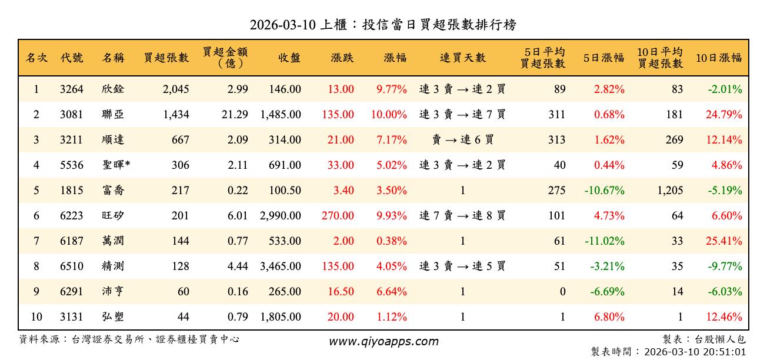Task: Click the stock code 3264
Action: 72,89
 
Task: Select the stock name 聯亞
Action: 113,115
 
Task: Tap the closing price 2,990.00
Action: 281,216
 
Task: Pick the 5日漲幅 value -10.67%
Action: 604,191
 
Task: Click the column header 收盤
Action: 289,58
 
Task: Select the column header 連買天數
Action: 463,58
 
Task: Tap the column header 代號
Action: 72,58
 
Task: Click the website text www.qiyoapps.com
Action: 383,341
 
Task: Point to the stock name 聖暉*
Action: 116,165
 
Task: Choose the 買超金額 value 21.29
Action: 235,115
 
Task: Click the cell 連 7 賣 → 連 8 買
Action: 463,216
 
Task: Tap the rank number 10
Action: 36,317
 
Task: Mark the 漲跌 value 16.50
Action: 341,292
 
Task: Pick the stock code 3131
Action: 72,317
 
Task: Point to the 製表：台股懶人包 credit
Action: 703,339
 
